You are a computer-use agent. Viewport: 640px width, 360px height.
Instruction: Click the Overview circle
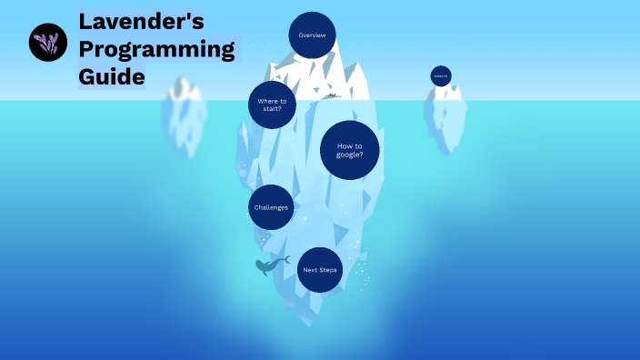pyautogui.click(x=312, y=35)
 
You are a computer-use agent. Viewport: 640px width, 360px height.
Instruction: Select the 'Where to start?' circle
pyautogui.click(x=273, y=105)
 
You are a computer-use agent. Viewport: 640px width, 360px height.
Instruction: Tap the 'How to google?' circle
pyautogui.click(x=350, y=150)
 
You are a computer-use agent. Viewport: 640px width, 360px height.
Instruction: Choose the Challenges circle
pyautogui.click(x=271, y=207)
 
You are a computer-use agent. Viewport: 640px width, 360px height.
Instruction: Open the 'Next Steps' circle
pyautogui.click(x=319, y=270)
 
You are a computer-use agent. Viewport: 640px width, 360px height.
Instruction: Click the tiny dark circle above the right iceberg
pyautogui.click(x=441, y=76)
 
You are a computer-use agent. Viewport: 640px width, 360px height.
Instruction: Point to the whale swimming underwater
pyautogui.click(x=268, y=266)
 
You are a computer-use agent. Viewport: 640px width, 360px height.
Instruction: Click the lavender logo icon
pyautogui.click(x=48, y=43)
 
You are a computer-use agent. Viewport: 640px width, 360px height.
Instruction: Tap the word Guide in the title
pyautogui.click(x=112, y=77)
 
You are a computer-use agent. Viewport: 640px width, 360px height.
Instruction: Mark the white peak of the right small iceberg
pyautogui.click(x=446, y=92)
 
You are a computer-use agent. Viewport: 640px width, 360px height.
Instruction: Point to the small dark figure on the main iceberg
pyautogui.click(x=333, y=95)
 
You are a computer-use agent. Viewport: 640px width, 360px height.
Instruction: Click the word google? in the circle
pyautogui.click(x=350, y=155)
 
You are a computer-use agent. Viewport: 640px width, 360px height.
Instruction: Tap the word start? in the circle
pyautogui.click(x=273, y=109)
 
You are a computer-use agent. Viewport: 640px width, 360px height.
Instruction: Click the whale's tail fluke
pyautogui.click(x=285, y=259)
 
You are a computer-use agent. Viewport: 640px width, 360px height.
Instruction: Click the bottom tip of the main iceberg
pyautogui.click(x=315, y=322)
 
